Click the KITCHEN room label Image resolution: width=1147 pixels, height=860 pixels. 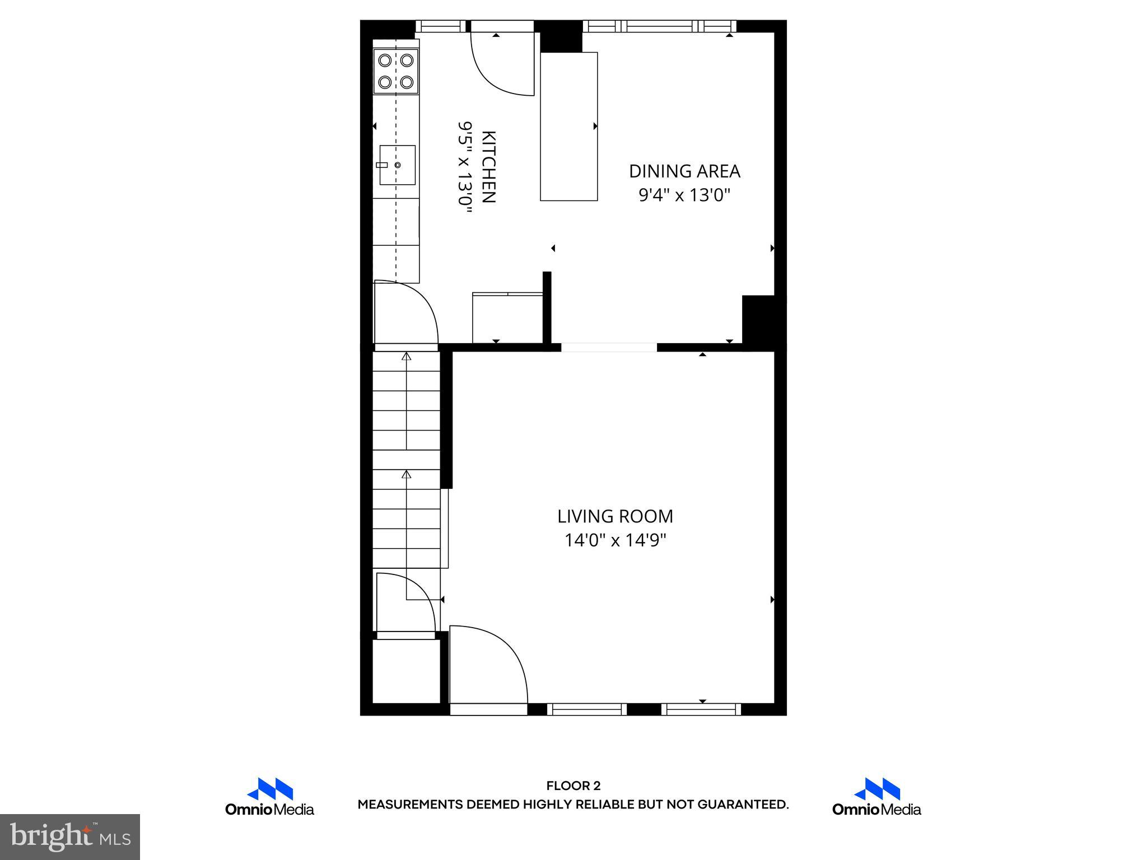(488, 167)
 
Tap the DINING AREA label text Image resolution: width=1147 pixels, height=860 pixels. (684, 171)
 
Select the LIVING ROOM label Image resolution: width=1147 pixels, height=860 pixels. (615, 516)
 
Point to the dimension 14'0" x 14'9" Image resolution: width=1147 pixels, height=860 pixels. (615, 540)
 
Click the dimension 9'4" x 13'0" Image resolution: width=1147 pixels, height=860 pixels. (684, 195)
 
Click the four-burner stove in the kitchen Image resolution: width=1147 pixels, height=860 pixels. (396, 71)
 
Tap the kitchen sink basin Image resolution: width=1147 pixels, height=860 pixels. (398, 165)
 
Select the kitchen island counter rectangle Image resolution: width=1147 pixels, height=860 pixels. (568, 126)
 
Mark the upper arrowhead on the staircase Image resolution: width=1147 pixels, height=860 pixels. (407, 356)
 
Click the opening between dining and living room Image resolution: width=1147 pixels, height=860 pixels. (609, 347)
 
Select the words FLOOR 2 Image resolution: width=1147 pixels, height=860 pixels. (573, 786)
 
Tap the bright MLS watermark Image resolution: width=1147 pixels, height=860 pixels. (70, 836)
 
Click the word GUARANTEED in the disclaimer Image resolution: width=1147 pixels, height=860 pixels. (743, 805)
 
